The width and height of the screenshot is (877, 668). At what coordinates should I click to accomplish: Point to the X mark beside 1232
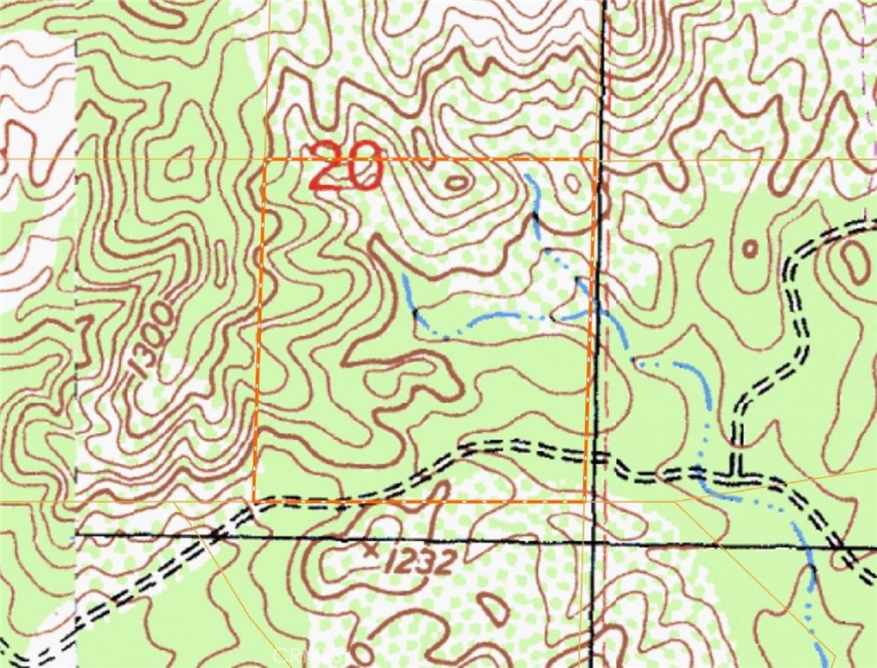pos(372,549)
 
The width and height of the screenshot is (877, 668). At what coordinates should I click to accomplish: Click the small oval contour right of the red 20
pos(457,182)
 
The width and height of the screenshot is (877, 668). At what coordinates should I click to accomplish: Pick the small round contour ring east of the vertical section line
pos(750,249)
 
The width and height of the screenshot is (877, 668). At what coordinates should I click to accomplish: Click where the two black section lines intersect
pos(596,543)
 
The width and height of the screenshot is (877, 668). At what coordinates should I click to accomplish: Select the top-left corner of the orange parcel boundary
pos(264,160)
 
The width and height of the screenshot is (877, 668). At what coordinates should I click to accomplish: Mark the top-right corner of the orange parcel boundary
pos(594,159)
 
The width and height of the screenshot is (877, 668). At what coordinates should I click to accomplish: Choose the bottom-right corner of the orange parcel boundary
pos(586,499)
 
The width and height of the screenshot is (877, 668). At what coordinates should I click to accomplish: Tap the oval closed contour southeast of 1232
pos(494,608)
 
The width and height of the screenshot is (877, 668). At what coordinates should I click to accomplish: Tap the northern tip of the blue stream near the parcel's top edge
pos(526,175)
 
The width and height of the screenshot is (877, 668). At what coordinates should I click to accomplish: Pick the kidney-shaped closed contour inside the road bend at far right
pos(855,258)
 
